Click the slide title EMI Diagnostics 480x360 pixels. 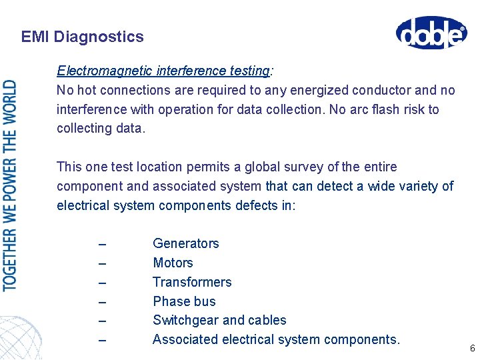click(x=82, y=37)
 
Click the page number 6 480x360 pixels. click(x=472, y=349)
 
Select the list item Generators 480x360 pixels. click(x=185, y=243)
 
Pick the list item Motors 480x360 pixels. click(x=173, y=263)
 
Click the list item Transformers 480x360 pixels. click(x=192, y=282)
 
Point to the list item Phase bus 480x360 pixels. click(x=184, y=301)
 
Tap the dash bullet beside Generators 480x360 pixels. click(x=101, y=245)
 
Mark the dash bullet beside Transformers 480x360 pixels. click(x=101, y=283)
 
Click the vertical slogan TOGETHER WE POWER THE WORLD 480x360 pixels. click(x=10, y=185)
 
